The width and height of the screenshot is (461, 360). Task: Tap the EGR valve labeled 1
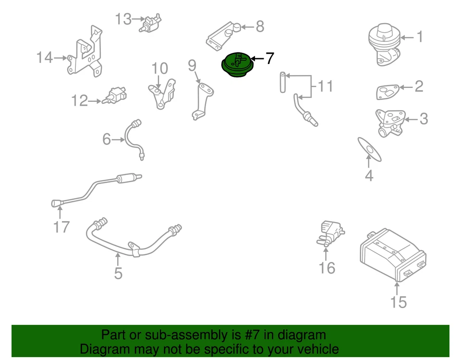[x=384, y=45]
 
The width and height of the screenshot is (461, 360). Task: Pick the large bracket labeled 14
[x=86, y=52]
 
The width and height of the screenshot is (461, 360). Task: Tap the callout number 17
[x=61, y=226]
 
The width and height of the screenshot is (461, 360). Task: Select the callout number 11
[x=325, y=87]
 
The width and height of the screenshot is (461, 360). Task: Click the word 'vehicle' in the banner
[x=314, y=349]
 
